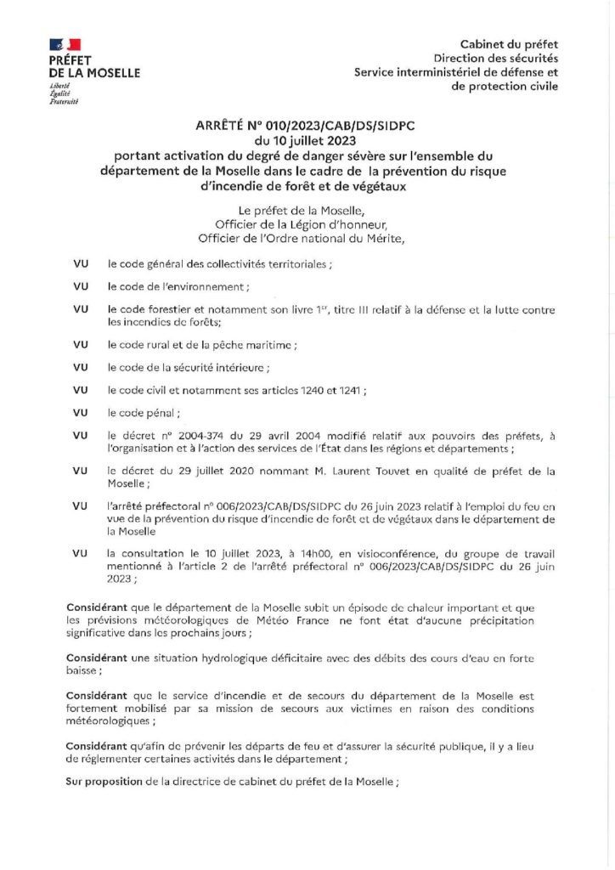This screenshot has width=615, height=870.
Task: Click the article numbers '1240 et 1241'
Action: (334, 390)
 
